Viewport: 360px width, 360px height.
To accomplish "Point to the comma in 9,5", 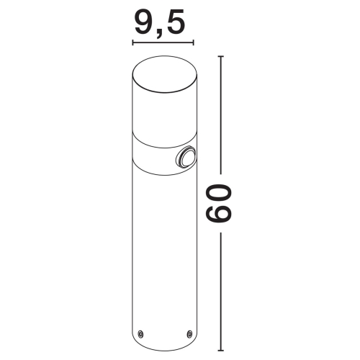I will click(160, 31).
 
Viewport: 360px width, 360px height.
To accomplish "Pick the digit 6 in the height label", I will click(220, 217).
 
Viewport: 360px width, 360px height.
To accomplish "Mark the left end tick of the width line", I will click(133, 43).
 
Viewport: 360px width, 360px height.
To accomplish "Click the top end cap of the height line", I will click(220, 56).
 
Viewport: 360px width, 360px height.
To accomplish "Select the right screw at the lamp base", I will click(189, 333).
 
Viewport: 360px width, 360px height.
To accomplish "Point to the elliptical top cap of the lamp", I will click(165, 72).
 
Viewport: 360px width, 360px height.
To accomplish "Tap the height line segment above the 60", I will click(220, 115).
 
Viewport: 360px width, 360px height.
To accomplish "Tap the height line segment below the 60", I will click(220, 288).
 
